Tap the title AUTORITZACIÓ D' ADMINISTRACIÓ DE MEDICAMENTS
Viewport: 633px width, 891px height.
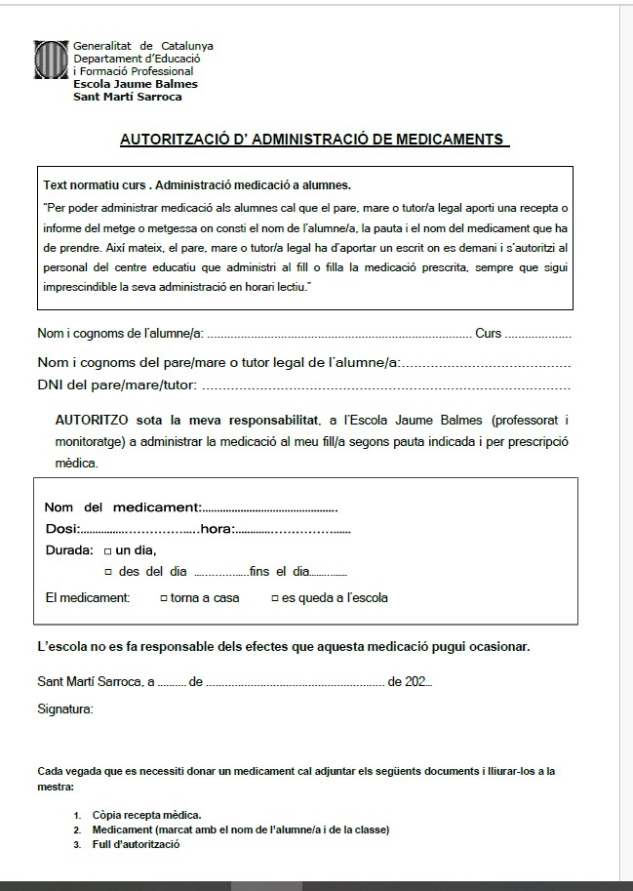[314, 140]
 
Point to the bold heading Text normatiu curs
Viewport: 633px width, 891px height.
[96, 185]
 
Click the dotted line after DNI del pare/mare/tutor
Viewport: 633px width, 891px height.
[384, 386]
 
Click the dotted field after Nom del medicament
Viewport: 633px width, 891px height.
[269, 507]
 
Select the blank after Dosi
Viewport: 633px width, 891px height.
[138, 530]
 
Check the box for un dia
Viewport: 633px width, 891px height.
[107, 551]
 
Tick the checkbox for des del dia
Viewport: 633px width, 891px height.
[109, 573]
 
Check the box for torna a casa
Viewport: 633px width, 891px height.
[164, 598]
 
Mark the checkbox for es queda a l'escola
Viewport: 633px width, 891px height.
[275, 598]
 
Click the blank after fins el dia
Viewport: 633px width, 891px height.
[330, 573]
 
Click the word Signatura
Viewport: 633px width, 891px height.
[65, 709]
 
